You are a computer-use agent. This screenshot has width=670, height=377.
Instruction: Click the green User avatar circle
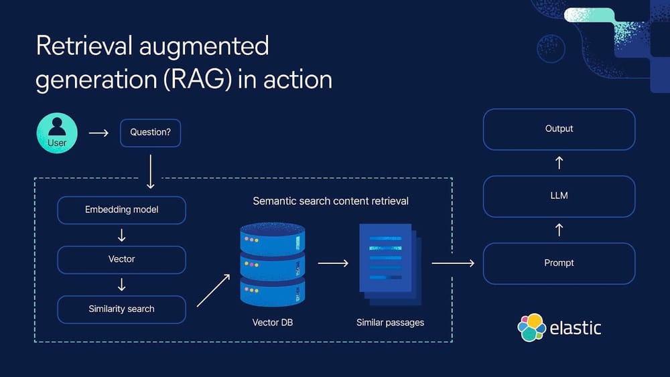[57, 133]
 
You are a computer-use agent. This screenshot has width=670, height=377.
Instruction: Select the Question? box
[150, 133]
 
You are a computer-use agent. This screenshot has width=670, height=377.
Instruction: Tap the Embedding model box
[121, 210]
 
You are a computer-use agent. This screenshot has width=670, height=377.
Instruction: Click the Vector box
[121, 259]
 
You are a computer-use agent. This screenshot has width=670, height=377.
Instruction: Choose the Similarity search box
[121, 309]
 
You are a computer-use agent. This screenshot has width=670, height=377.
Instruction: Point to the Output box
[559, 129]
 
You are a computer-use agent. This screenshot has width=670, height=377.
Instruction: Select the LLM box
[559, 196]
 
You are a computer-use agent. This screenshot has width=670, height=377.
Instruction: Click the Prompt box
[559, 263]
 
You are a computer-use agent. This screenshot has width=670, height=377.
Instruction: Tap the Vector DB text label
[272, 323]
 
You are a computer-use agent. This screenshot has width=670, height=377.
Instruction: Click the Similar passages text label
[390, 323]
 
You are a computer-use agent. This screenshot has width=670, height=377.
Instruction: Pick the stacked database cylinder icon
[272, 264]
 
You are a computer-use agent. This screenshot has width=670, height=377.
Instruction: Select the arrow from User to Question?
[98, 133]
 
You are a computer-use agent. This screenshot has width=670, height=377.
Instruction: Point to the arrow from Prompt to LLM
[559, 230]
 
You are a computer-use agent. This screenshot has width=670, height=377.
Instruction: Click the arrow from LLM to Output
[559, 163]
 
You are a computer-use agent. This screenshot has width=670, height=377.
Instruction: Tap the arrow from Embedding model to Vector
[121, 235]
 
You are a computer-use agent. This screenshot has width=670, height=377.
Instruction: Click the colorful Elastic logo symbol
[531, 327]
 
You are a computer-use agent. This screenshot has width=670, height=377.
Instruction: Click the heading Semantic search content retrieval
[330, 201]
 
